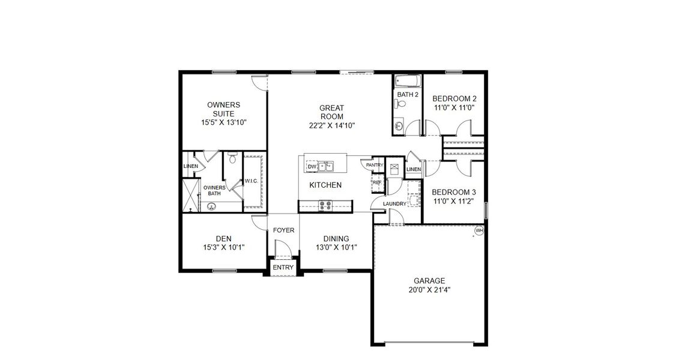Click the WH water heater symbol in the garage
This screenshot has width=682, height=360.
coord(478,230)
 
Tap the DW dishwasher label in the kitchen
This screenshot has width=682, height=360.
coord(312,167)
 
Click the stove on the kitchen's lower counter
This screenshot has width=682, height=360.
coord(326,205)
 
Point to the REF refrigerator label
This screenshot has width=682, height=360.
coord(377,182)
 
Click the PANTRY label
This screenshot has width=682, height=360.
coord(375,165)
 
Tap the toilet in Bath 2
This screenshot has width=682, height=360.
coord(403,104)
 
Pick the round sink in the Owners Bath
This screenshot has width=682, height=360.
coord(211,206)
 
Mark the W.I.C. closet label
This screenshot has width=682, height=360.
coord(251,181)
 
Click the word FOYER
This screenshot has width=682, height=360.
coord(283,230)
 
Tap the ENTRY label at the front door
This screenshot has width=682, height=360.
coord(283,268)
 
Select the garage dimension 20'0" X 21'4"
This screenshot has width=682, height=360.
coord(429,289)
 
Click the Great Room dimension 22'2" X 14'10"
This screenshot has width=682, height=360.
coord(331,126)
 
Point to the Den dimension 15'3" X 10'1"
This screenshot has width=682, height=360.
coord(223,247)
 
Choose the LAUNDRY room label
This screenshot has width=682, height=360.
coord(394,204)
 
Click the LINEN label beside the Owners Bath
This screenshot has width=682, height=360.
coord(190,167)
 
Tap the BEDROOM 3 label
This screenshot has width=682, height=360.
coord(454,192)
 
